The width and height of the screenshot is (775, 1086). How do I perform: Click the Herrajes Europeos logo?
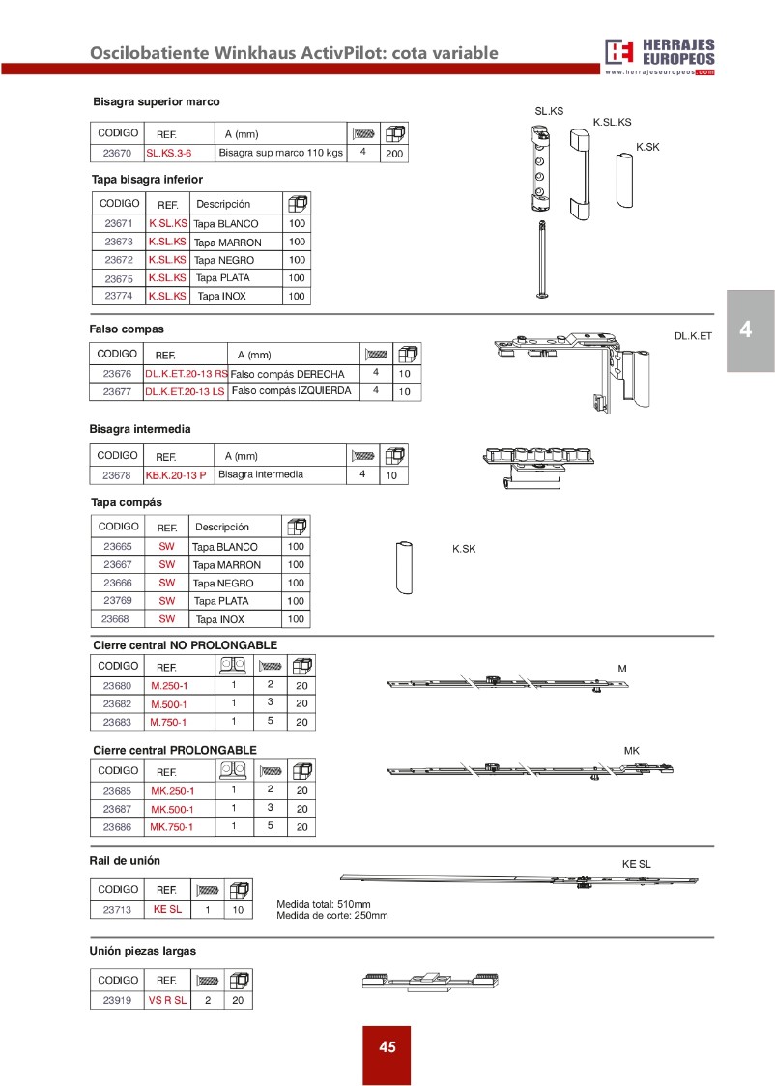pyautogui.click(x=659, y=56)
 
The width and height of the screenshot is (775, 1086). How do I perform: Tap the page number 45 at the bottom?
pyautogui.click(x=387, y=1047)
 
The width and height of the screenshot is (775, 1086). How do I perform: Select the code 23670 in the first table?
pyautogui.click(x=117, y=153)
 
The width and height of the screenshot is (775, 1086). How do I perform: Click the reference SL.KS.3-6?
pyautogui.click(x=169, y=153)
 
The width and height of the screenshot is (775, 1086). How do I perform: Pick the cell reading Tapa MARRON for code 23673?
pyautogui.click(x=227, y=243)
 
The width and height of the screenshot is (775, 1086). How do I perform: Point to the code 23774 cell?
pyautogui.click(x=119, y=297)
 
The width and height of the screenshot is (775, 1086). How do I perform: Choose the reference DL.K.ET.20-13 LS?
pyautogui.click(x=185, y=391)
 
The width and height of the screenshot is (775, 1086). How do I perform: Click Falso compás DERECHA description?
pyautogui.click(x=288, y=374)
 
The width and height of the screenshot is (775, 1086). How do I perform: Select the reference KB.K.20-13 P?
pyautogui.click(x=175, y=475)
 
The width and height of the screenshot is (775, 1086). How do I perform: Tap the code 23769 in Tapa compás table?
pyautogui.click(x=117, y=601)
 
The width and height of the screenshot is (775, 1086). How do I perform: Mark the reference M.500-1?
pyautogui.click(x=169, y=704)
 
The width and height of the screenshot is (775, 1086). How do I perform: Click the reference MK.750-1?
pyautogui.click(x=172, y=827)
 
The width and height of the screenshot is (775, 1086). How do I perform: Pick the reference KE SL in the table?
pyautogui.click(x=167, y=909)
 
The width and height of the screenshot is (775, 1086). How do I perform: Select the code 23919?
pyautogui.click(x=117, y=1000)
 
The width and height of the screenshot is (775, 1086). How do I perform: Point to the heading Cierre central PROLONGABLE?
pyautogui.click(x=175, y=750)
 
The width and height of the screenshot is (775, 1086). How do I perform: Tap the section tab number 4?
pyautogui.click(x=746, y=330)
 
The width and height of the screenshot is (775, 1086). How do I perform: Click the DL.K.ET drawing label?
pyautogui.click(x=693, y=335)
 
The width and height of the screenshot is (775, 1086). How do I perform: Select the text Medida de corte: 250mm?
pyautogui.click(x=331, y=915)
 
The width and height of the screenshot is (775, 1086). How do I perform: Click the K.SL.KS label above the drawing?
pyautogui.click(x=612, y=123)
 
